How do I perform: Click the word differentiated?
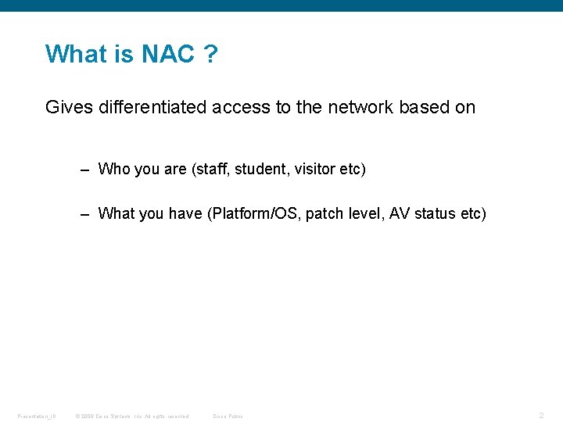(152, 107)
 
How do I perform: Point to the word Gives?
(69, 107)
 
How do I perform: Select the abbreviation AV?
(400, 214)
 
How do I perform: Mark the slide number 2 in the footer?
(541, 415)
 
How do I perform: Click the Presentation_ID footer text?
(37, 416)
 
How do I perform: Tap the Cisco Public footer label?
(228, 416)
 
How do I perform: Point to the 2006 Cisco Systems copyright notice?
(131, 416)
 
